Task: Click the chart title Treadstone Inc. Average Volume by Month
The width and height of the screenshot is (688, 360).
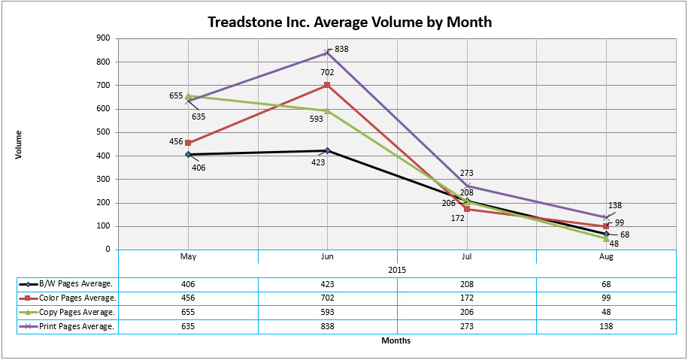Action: point(350,22)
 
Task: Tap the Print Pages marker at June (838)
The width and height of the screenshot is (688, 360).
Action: point(327,53)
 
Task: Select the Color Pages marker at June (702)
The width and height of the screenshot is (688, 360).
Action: point(327,85)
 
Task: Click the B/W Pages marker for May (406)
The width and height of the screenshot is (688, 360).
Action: point(188,154)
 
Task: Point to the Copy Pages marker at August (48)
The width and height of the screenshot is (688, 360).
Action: point(606,238)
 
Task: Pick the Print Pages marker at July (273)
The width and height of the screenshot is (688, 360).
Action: point(467,186)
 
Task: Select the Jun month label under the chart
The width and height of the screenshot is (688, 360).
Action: point(327,257)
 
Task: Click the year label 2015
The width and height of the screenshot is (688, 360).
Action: point(397,269)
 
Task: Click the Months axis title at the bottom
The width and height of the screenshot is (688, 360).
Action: point(396,340)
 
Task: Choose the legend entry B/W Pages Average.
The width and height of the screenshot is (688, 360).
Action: point(68,284)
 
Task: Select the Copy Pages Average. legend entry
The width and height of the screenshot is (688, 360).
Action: point(68,312)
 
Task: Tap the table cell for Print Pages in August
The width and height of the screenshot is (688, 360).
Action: point(606,326)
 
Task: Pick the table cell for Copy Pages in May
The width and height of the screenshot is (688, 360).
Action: point(188,312)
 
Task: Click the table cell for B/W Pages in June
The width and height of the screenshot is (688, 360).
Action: point(327,284)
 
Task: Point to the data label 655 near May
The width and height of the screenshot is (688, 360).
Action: point(177,96)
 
